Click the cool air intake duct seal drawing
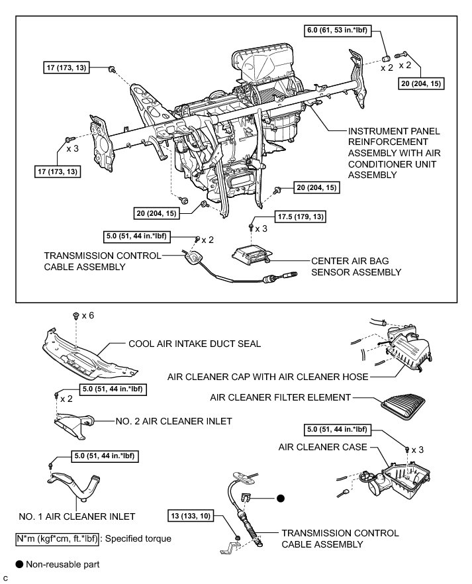coord(86,351)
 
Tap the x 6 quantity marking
coord(87,316)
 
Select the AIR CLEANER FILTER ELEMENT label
coord(280,397)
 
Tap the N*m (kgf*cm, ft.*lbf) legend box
coord(57,538)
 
